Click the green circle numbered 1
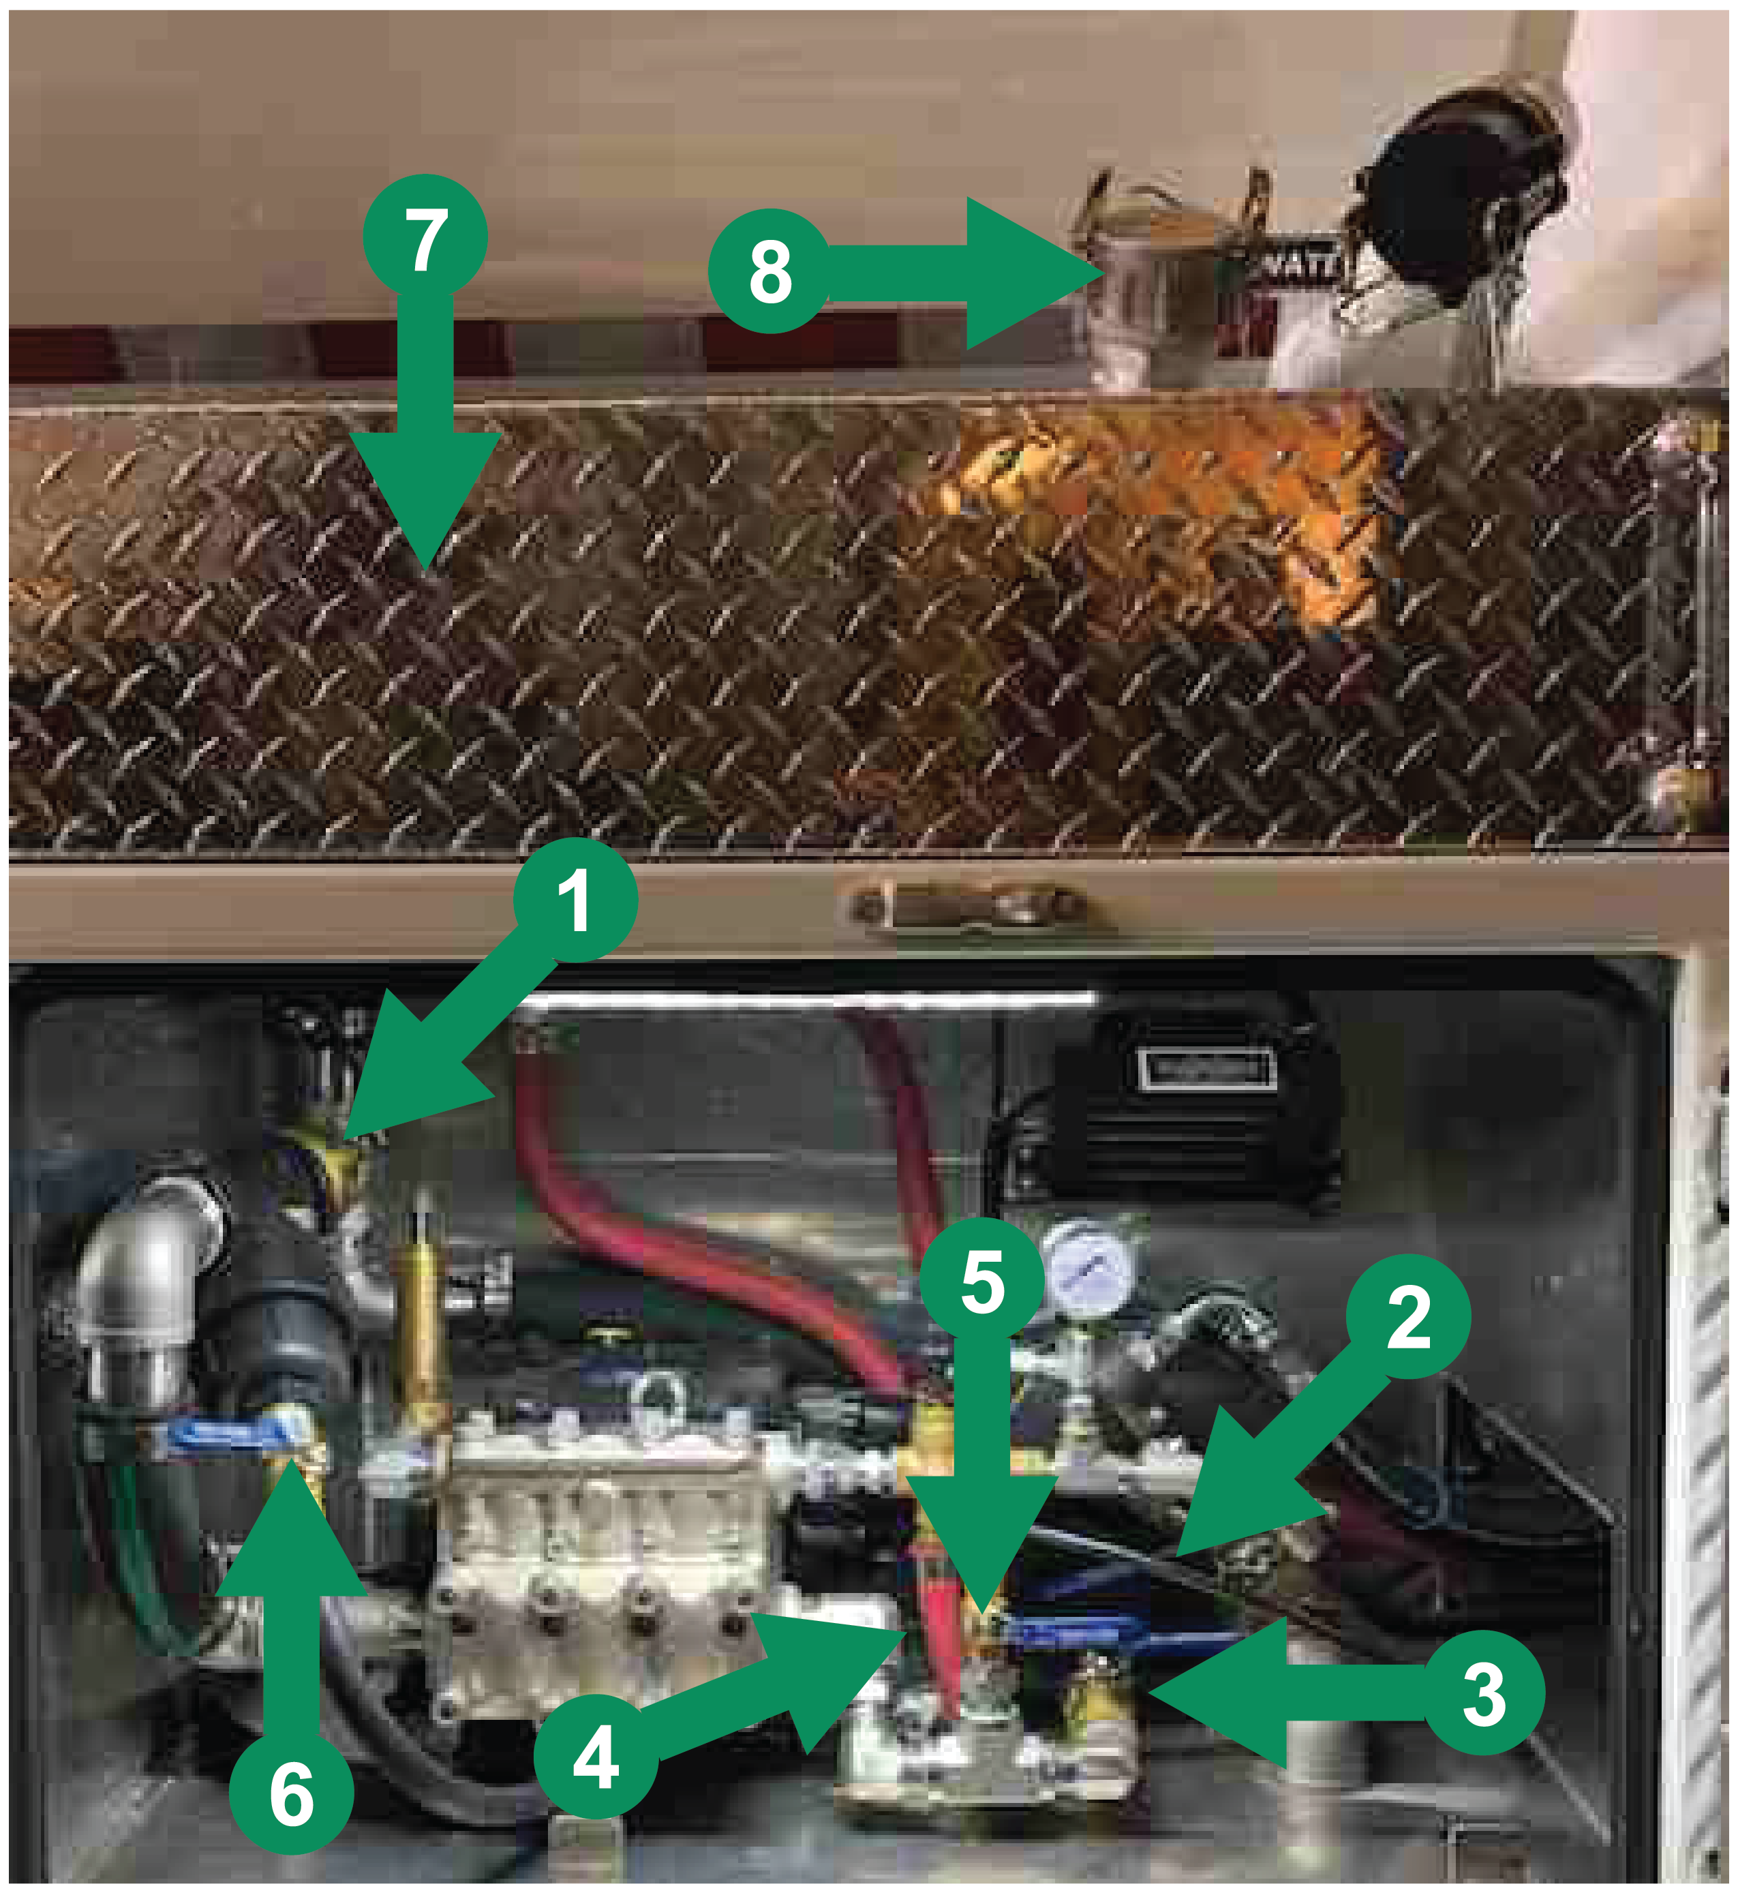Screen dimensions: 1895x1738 pos(575,900)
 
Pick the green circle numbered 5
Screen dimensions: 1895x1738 pos(982,1280)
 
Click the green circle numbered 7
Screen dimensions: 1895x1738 pos(425,237)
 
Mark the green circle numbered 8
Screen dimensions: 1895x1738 pos(769,271)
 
